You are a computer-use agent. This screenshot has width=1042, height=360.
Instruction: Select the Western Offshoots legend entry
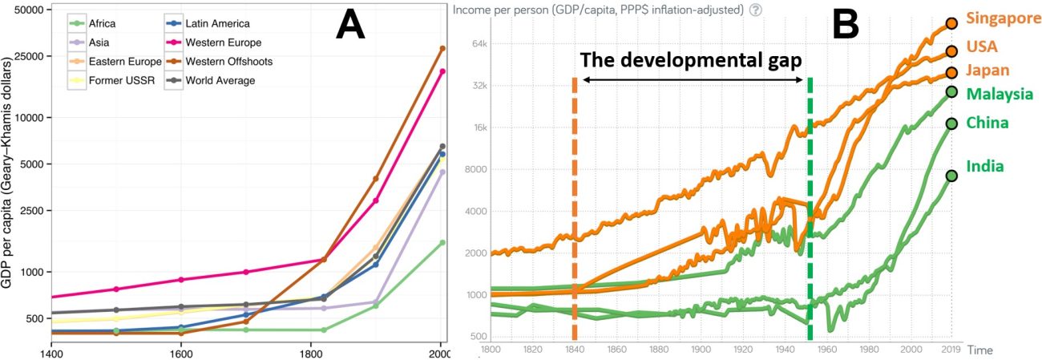(x=228, y=62)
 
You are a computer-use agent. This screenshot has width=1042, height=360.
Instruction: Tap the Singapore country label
(x=1002, y=18)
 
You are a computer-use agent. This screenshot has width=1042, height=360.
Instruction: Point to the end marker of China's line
(x=951, y=123)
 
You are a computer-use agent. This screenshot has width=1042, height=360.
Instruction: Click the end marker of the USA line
(x=951, y=51)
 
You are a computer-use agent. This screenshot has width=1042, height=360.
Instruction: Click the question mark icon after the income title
(x=755, y=10)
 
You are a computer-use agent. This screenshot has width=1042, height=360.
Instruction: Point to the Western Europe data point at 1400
(x=51, y=297)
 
